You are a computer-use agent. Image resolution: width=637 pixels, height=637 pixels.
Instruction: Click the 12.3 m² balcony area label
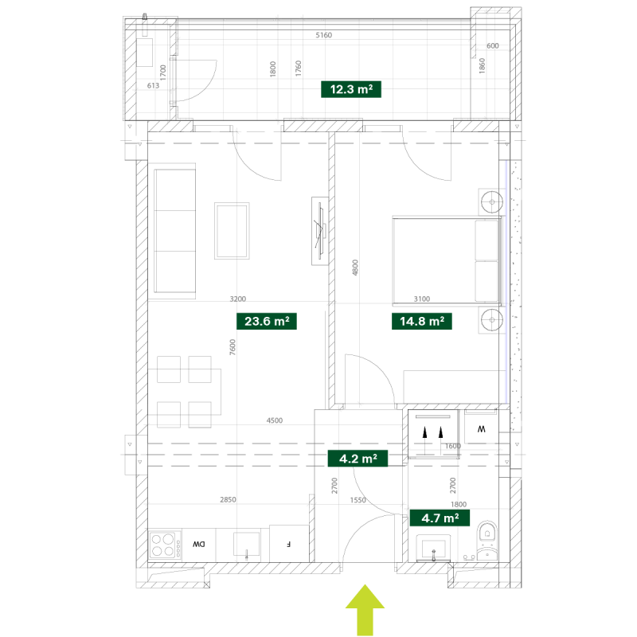[x=351, y=89]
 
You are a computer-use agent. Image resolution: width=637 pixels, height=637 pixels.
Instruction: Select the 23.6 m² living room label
[x=267, y=322]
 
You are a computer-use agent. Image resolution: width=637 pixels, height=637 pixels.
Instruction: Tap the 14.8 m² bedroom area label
[x=422, y=322]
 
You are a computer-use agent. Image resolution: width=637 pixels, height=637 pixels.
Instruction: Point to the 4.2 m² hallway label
[x=358, y=459]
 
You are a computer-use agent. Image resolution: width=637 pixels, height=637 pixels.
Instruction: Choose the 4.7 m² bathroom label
[x=440, y=518]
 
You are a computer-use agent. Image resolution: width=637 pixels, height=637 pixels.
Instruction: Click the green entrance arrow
[x=365, y=610]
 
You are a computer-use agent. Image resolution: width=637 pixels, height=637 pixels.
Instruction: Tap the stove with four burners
[x=163, y=545]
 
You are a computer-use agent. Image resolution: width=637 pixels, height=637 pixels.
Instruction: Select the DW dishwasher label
[x=198, y=545]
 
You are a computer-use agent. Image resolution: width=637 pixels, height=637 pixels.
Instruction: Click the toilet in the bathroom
[x=487, y=541]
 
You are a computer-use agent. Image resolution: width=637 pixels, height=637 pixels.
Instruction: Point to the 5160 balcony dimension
[x=324, y=35]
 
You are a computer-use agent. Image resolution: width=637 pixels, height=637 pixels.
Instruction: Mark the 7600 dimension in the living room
[x=233, y=347]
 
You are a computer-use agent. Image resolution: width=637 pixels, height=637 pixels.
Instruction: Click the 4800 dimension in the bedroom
[x=355, y=268]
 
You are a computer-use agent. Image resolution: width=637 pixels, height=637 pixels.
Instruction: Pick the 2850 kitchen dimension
[x=228, y=500]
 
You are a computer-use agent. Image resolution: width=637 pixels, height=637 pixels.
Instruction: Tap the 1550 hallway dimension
[x=358, y=500]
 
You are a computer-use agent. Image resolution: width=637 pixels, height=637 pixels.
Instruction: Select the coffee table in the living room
[x=232, y=231]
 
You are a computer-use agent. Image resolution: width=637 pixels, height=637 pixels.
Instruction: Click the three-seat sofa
[x=174, y=231]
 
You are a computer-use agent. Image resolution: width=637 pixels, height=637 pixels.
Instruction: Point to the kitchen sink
[x=246, y=545]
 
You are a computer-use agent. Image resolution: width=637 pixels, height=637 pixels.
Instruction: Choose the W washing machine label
[x=482, y=429]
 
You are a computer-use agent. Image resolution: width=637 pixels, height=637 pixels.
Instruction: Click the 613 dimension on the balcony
[x=153, y=86]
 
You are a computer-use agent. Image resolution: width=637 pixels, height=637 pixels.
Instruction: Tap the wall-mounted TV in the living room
[x=320, y=231]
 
